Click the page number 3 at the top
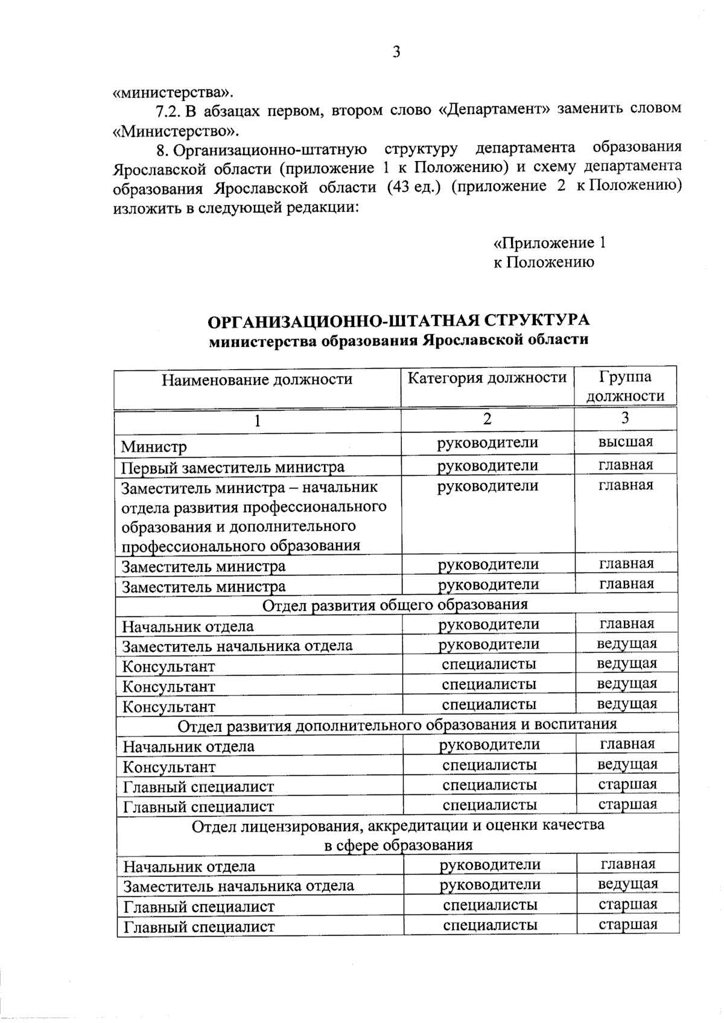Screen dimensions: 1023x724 click(396, 52)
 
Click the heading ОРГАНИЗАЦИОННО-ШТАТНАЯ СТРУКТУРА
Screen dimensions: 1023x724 click(398, 320)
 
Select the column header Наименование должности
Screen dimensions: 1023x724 click(257, 379)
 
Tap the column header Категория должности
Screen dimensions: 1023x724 click(487, 378)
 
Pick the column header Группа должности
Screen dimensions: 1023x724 click(625, 386)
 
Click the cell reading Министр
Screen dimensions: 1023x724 click(154, 447)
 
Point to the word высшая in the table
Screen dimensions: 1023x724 click(625, 442)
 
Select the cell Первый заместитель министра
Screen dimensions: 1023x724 click(233, 467)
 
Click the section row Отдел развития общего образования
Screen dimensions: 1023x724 click(395, 604)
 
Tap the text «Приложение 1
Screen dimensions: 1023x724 click(549, 243)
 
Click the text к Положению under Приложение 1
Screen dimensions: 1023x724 click(544, 262)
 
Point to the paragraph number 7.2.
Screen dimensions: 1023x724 click(168, 110)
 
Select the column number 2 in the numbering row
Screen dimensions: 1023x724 click(487, 419)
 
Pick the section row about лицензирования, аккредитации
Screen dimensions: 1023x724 click(398, 834)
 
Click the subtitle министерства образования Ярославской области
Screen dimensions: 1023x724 click(398, 340)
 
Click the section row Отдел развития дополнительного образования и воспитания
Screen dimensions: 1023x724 click(398, 724)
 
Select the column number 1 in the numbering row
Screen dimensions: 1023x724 click(258, 420)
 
